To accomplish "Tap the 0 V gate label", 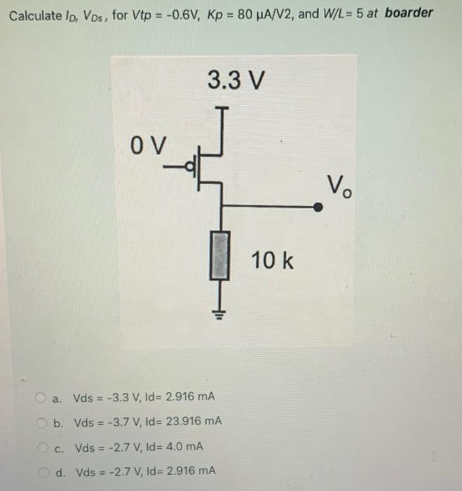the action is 149,147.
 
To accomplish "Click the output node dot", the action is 318,208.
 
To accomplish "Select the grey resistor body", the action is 222,257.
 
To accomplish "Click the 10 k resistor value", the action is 273,262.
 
